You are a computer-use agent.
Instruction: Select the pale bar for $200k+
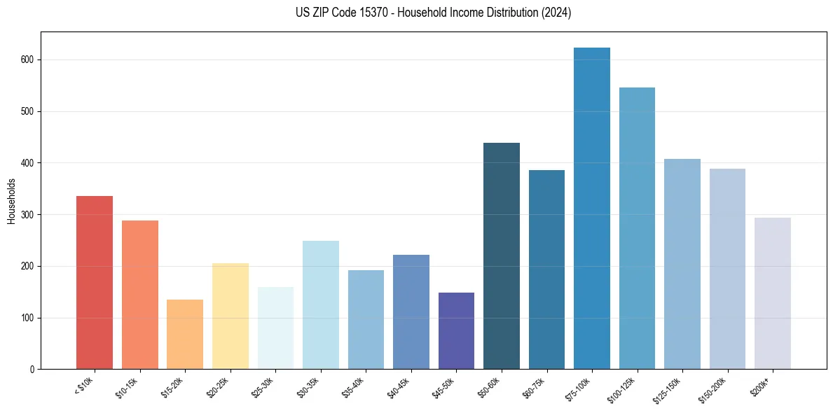(x=772, y=293)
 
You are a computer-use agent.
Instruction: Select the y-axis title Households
(x=11, y=201)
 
